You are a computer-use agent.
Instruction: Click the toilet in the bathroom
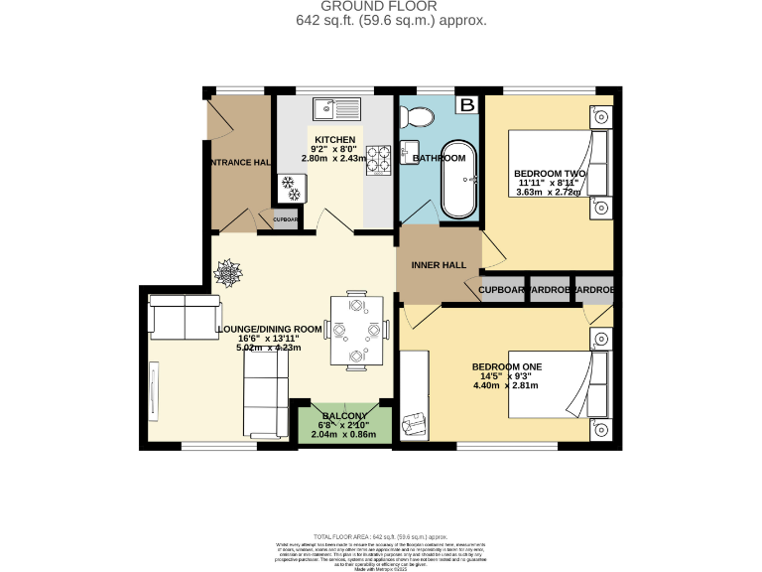click(x=420, y=117)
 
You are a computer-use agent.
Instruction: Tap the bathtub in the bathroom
click(x=458, y=184)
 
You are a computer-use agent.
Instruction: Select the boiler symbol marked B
click(x=466, y=103)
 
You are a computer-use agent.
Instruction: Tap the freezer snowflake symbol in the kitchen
click(x=292, y=183)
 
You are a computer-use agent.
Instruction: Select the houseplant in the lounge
click(x=227, y=268)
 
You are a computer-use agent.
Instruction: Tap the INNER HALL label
click(x=439, y=265)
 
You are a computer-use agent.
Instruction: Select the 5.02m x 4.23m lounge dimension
click(x=268, y=348)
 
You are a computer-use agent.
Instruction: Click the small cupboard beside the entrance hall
click(x=285, y=220)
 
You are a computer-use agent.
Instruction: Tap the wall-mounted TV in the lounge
click(x=153, y=388)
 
